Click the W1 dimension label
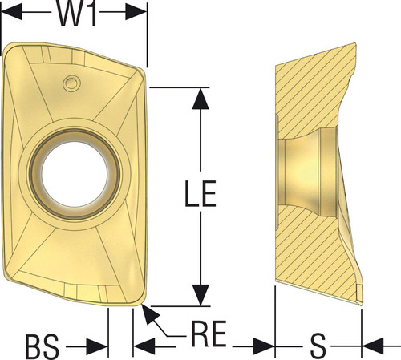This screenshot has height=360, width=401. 77,14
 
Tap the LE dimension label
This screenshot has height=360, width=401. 200,193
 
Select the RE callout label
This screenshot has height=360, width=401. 209,334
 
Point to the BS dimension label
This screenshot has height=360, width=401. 42,346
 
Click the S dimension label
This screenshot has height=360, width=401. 318,346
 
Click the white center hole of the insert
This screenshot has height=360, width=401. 75,174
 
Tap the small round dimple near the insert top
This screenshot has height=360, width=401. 71,83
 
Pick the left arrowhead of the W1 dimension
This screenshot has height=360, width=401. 12,12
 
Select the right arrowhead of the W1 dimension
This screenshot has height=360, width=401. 136,12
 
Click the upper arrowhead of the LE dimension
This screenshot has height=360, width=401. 200,98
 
